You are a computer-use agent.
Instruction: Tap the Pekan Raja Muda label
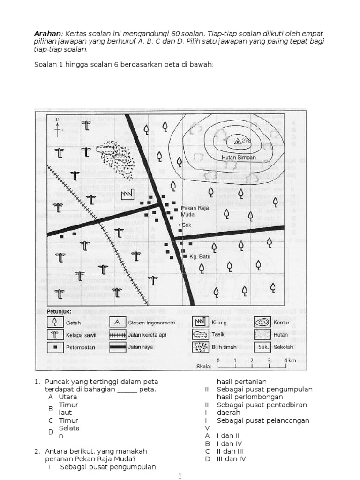point(194,211)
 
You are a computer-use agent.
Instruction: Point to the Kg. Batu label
point(199,256)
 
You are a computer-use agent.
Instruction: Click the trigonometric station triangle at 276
point(237,140)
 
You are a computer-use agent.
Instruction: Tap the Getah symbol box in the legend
point(55,322)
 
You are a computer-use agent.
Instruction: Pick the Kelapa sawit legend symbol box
point(55,335)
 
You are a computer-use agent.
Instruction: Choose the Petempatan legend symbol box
point(55,347)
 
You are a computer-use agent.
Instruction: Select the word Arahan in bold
point(48,34)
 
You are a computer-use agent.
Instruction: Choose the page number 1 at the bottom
point(180,476)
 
